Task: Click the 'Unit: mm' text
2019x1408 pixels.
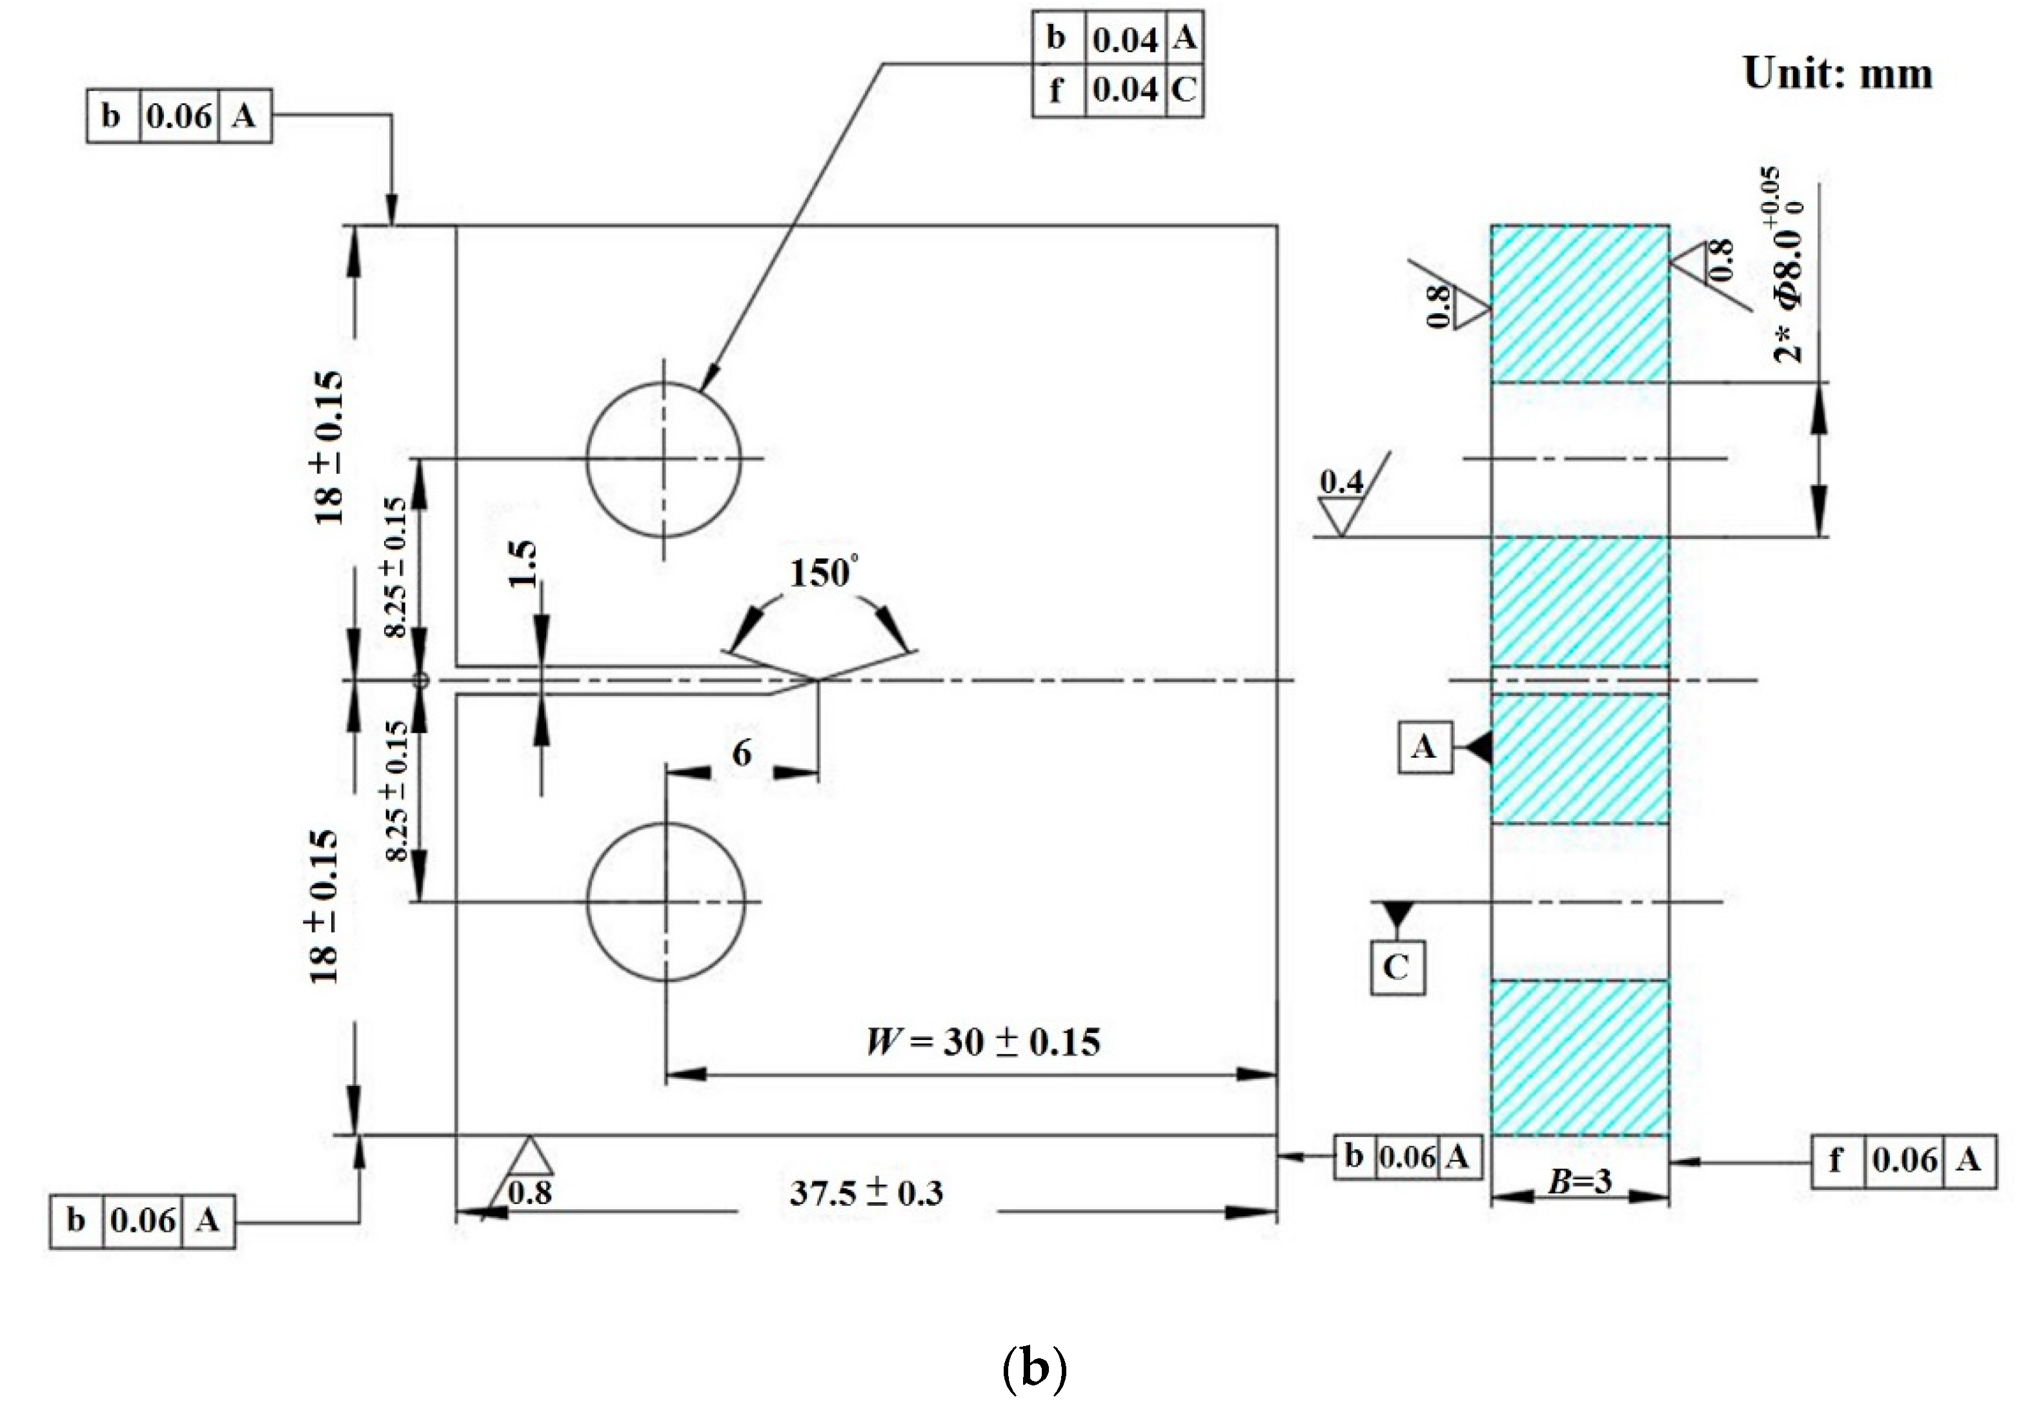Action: [1837, 73]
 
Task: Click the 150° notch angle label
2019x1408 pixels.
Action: [821, 573]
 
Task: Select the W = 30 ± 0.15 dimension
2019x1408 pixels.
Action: [983, 1042]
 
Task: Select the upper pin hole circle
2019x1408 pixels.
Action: [664, 458]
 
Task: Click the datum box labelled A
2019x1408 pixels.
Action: [1425, 748]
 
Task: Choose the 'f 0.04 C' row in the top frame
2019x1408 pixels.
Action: [1117, 90]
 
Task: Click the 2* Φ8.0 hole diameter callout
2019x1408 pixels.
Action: [1786, 264]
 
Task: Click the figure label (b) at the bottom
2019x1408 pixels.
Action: [1034, 1369]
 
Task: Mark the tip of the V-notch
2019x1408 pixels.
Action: [818, 680]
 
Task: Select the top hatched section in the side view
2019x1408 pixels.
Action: [1580, 304]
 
